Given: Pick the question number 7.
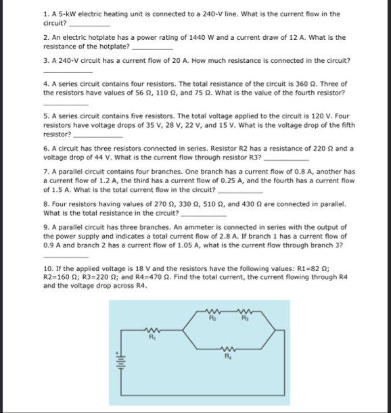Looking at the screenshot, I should (x=45, y=172).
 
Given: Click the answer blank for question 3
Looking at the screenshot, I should (x=67, y=70).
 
